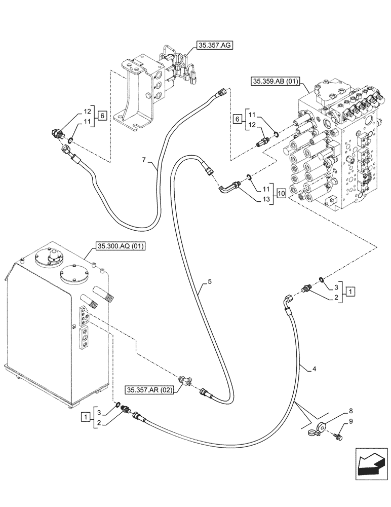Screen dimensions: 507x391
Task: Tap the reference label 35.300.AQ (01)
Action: (120, 247)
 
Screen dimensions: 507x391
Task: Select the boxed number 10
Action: (282, 193)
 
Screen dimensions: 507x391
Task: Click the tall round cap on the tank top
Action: (52, 258)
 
